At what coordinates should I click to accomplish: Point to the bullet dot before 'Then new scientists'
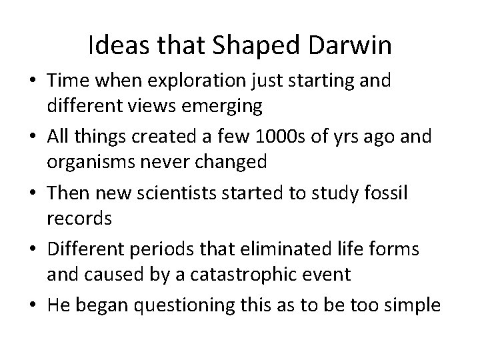point(32,194)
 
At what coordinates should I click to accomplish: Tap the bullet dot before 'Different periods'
point(32,250)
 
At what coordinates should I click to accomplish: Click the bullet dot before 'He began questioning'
point(32,306)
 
